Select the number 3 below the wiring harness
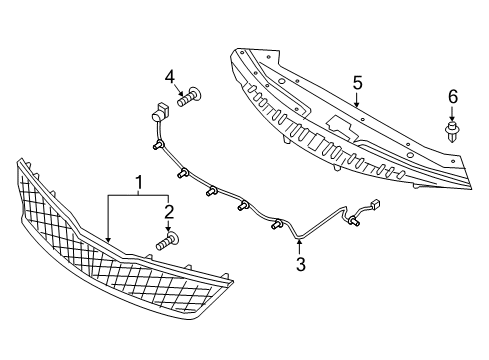(298, 264)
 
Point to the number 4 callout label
(170, 76)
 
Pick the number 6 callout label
(452, 96)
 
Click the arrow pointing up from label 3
(298, 245)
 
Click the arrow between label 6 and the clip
(452, 113)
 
